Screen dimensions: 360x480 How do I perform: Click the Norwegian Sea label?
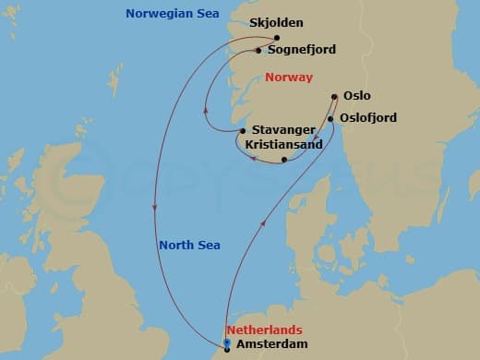click(x=167, y=13)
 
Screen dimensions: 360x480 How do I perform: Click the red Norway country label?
click(x=289, y=78)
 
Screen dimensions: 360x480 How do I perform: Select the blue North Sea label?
click(x=188, y=246)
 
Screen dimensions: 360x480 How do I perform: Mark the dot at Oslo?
click(x=334, y=95)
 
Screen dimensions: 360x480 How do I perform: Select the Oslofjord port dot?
click(x=330, y=118)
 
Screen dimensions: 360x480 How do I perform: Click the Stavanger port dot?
click(x=242, y=131)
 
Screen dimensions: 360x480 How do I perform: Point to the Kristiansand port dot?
click(x=284, y=160)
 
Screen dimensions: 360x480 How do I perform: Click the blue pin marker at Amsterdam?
click(x=227, y=346)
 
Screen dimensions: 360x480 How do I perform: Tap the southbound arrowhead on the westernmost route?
click(x=153, y=207)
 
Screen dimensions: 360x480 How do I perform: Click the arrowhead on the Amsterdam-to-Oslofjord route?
click(x=267, y=222)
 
